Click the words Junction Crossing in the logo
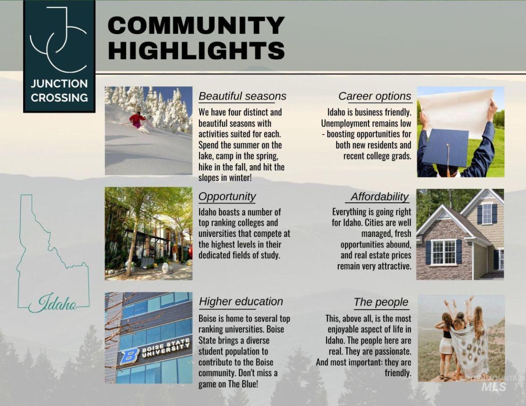pos(59,91)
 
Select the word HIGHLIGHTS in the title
pos(196,50)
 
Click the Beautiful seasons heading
pos(242,96)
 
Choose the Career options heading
pos(375,96)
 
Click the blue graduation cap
pos(447,148)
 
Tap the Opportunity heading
pos(227,197)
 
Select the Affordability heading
pos(380,197)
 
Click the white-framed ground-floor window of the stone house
pos(444,252)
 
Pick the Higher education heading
pos(241,301)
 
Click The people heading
pos(381,302)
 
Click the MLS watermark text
pos(494,387)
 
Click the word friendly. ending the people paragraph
pos(398,373)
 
